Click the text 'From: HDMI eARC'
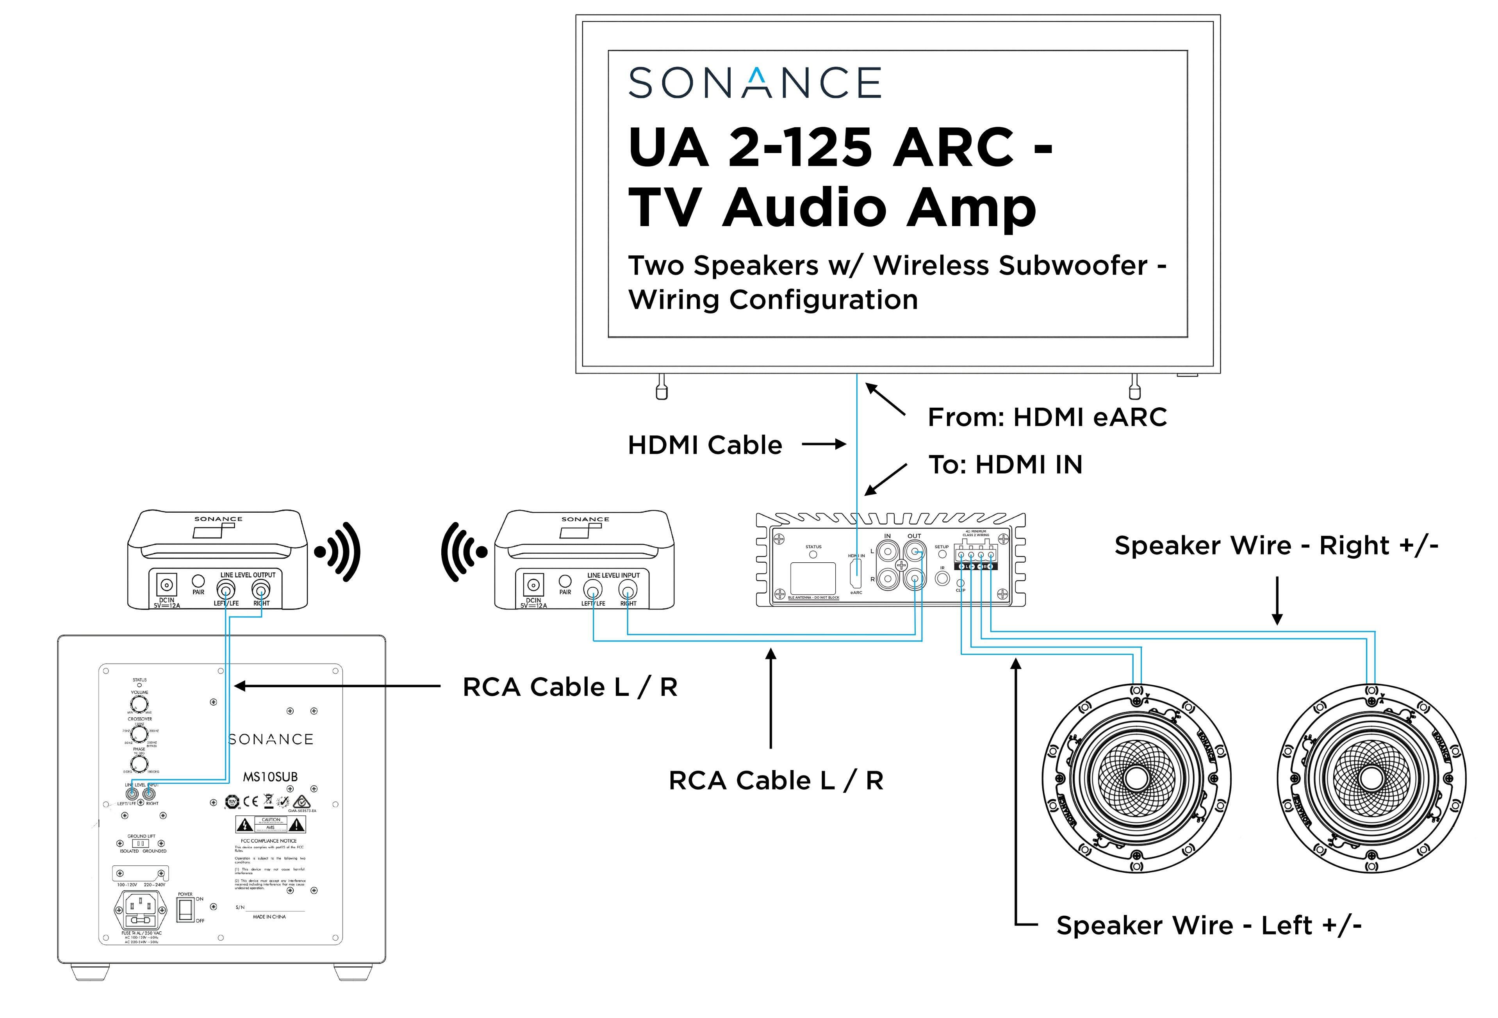pyautogui.click(x=1047, y=417)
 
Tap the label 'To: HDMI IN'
pyautogui.click(x=1005, y=465)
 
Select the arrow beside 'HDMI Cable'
pyautogui.click(x=823, y=444)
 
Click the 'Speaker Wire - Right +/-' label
pyautogui.click(x=1276, y=546)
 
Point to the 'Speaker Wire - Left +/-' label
pyautogui.click(x=1209, y=925)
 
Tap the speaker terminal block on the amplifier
pyautogui.click(x=975, y=556)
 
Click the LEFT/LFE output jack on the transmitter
pyautogui.click(x=226, y=588)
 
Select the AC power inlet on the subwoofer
pyautogui.click(x=140, y=910)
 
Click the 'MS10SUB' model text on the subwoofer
pyautogui.click(x=270, y=777)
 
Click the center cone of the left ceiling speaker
pyautogui.click(x=1136, y=778)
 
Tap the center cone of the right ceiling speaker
pyautogui.click(x=1371, y=778)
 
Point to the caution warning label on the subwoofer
pyautogui.click(x=270, y=824)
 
